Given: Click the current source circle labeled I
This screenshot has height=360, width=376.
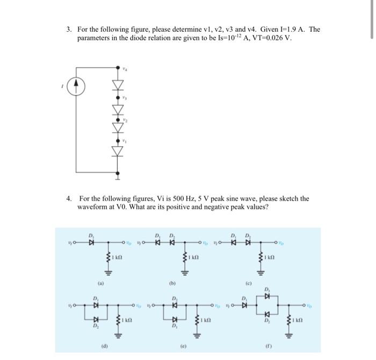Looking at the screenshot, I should (76, 85).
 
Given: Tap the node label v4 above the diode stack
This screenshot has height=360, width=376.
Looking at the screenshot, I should (125, 69).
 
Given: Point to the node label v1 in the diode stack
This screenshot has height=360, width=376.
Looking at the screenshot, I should (125, 141).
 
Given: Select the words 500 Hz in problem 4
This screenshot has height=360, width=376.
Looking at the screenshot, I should (175, 198).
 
